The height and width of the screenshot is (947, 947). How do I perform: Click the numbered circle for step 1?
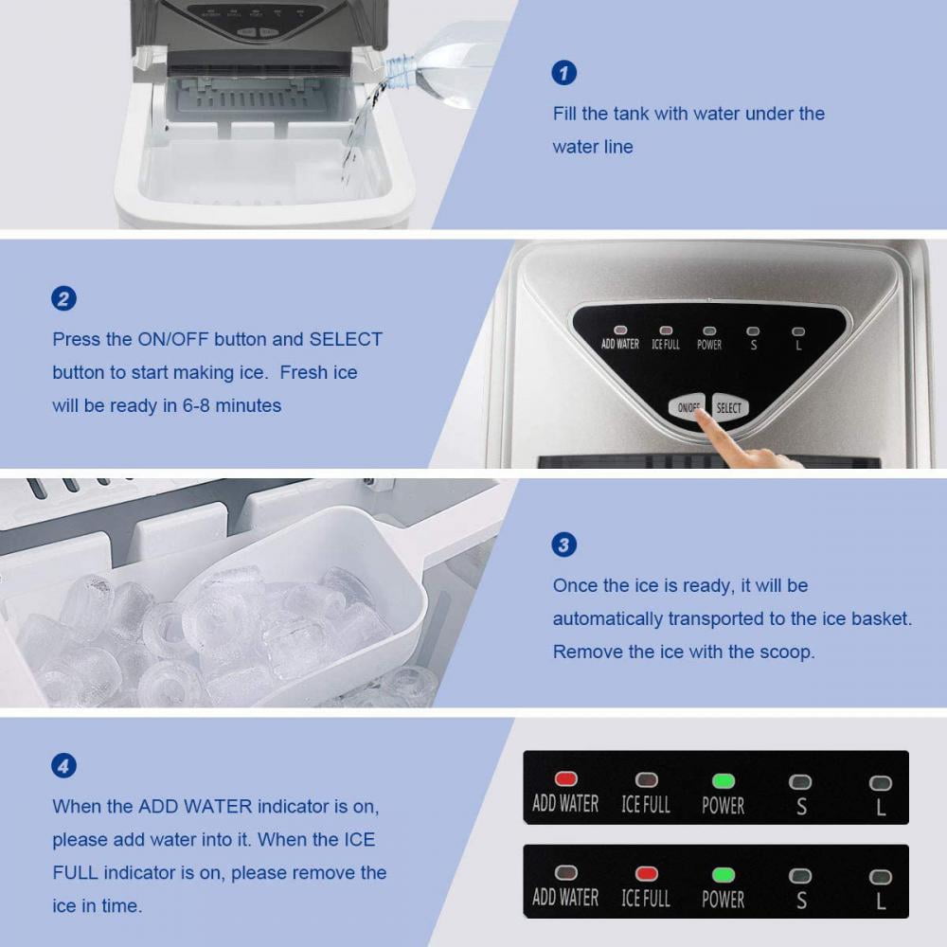point(563,73)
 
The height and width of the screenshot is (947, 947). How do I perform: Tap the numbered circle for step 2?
point(63,299)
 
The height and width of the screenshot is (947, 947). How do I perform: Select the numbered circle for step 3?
point(563,545)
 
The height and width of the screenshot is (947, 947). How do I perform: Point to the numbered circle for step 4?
point(63,766)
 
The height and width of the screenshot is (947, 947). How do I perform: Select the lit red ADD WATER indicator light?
point(565,779)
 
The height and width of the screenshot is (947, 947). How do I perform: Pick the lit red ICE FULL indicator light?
point(646,873)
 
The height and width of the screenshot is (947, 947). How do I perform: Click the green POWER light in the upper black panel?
point(724,781)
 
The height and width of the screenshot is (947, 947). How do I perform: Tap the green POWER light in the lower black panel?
point(724,874)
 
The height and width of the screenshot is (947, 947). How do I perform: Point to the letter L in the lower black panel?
point(881,900)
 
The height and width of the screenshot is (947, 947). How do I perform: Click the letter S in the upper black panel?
point(801,807)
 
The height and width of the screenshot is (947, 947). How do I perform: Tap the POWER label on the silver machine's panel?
point(709,345)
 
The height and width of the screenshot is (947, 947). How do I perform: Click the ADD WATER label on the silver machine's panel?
point(620,344)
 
